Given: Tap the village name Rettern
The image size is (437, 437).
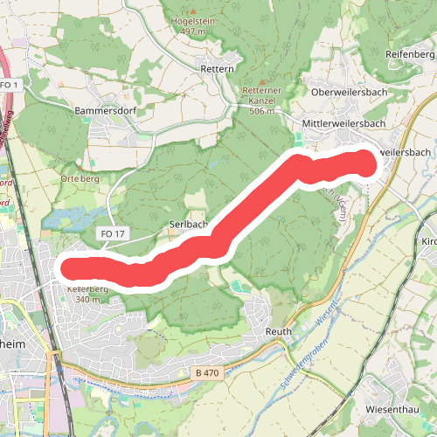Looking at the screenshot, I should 217,68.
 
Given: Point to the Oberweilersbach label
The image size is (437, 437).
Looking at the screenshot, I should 348,91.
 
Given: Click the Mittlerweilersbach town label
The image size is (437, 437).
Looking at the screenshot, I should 343,124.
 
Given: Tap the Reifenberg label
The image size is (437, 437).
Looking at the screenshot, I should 409,54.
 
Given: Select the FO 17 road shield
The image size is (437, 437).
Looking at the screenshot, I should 114,234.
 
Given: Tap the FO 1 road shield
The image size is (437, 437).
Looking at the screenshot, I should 10,84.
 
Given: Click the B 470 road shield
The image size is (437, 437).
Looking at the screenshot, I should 207,373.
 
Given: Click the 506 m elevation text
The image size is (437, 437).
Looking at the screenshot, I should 262,111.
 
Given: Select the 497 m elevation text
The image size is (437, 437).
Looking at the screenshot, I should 194,31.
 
